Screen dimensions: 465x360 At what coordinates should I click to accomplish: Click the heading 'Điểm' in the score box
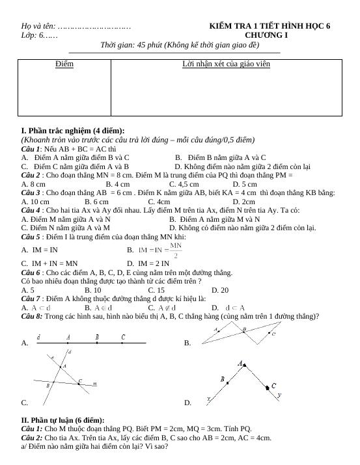pos(64,64)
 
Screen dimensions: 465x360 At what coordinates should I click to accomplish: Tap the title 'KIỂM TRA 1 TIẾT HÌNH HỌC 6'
pos(270,26)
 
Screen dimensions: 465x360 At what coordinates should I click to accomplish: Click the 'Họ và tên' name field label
pos(38,27)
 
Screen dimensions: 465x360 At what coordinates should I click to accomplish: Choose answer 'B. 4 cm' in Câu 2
pos(118,184)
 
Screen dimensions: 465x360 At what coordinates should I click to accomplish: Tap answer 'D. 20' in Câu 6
pos(220,289)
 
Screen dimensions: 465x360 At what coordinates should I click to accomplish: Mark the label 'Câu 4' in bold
pos(31,210)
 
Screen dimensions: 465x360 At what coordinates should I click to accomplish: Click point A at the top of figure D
pos(242,364)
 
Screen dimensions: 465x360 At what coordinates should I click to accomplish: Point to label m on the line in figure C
pos(95,384)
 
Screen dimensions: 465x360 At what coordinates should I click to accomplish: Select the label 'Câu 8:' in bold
pos(33,316)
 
